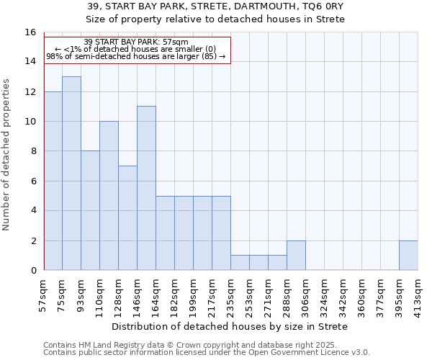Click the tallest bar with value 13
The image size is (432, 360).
click(x=71, y=173)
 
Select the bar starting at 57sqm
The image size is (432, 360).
click(x=53, y=181)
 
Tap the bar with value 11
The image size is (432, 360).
click(x=146, y=188)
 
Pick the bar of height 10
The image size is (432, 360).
click(x=109, y=195)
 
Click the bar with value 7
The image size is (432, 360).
click(x=127, y=217)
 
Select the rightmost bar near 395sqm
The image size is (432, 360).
click(x=408, y=255)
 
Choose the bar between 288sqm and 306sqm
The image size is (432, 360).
click(x=296, y=255)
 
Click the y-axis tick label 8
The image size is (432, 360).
click(x=32, y=151)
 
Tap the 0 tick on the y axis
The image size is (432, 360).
click(x=32, y=270)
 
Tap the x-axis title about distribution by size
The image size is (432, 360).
click(x=230, y=326)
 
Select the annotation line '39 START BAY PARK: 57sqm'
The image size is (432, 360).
click(x=136, y=42)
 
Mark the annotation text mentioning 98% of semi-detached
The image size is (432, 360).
click(x=136, y=56)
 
